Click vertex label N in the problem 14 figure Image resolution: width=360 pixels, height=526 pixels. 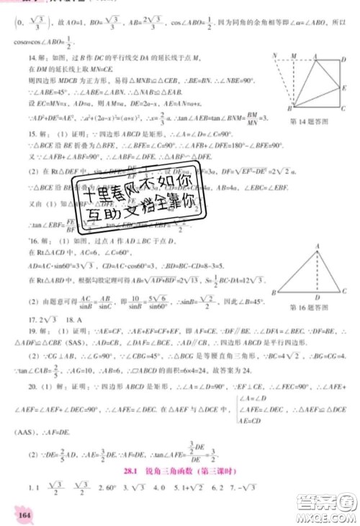(x=275, y=55)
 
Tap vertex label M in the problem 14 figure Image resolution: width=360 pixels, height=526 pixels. (x=295, y=55)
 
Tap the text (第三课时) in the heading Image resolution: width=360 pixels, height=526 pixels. (x=241, y=468)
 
